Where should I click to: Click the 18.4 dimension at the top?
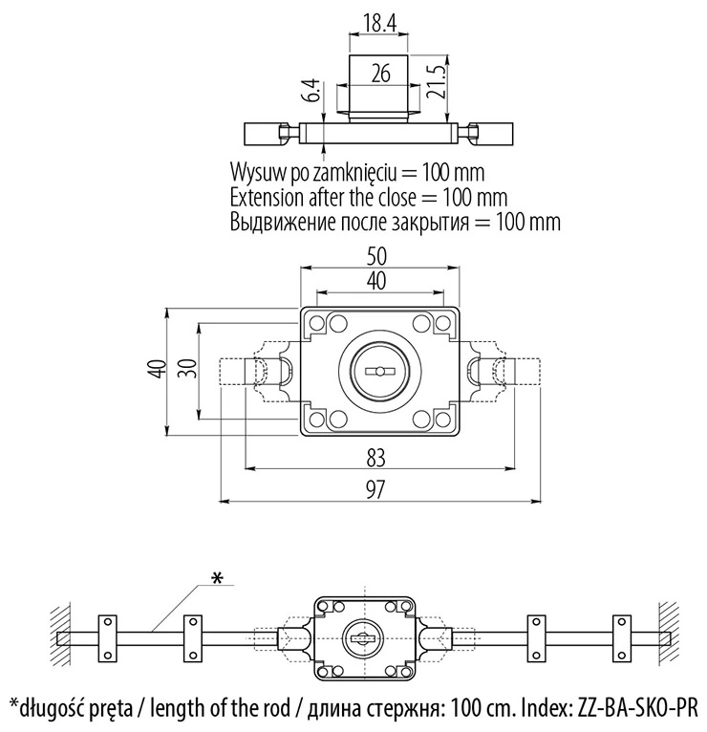[379, 23]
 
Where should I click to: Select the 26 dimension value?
[381, 74]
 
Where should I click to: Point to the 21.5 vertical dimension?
[436, 81]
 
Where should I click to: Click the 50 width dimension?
[376, 256]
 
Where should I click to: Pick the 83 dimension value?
[375, 458]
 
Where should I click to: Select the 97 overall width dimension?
[375, 489]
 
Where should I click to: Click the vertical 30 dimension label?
[187, 368]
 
